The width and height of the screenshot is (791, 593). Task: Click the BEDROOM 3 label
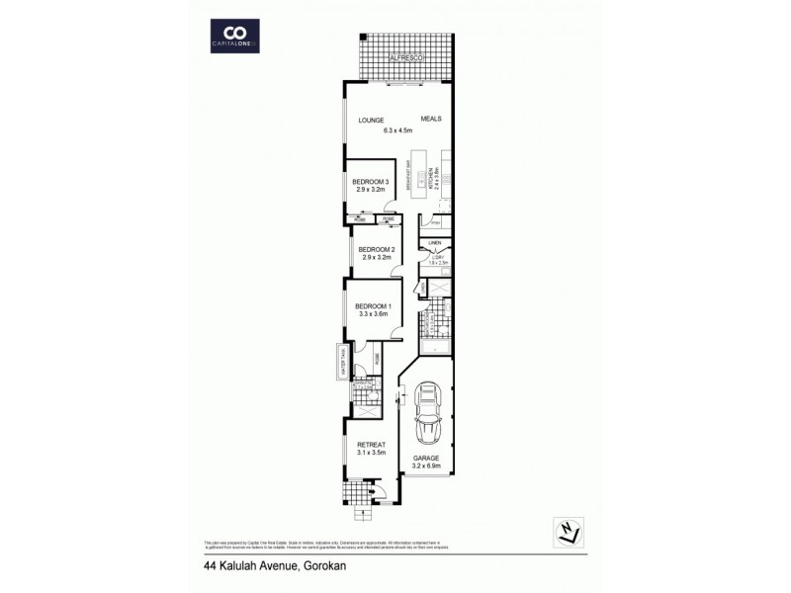pos(371,181)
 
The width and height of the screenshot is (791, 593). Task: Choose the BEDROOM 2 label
pos(377,248)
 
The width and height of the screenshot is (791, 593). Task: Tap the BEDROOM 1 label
pos(374,306)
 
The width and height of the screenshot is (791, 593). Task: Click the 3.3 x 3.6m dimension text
pos(374,314)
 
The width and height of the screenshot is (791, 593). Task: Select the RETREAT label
pos(371,446)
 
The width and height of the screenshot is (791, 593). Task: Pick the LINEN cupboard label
pos(434,242)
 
